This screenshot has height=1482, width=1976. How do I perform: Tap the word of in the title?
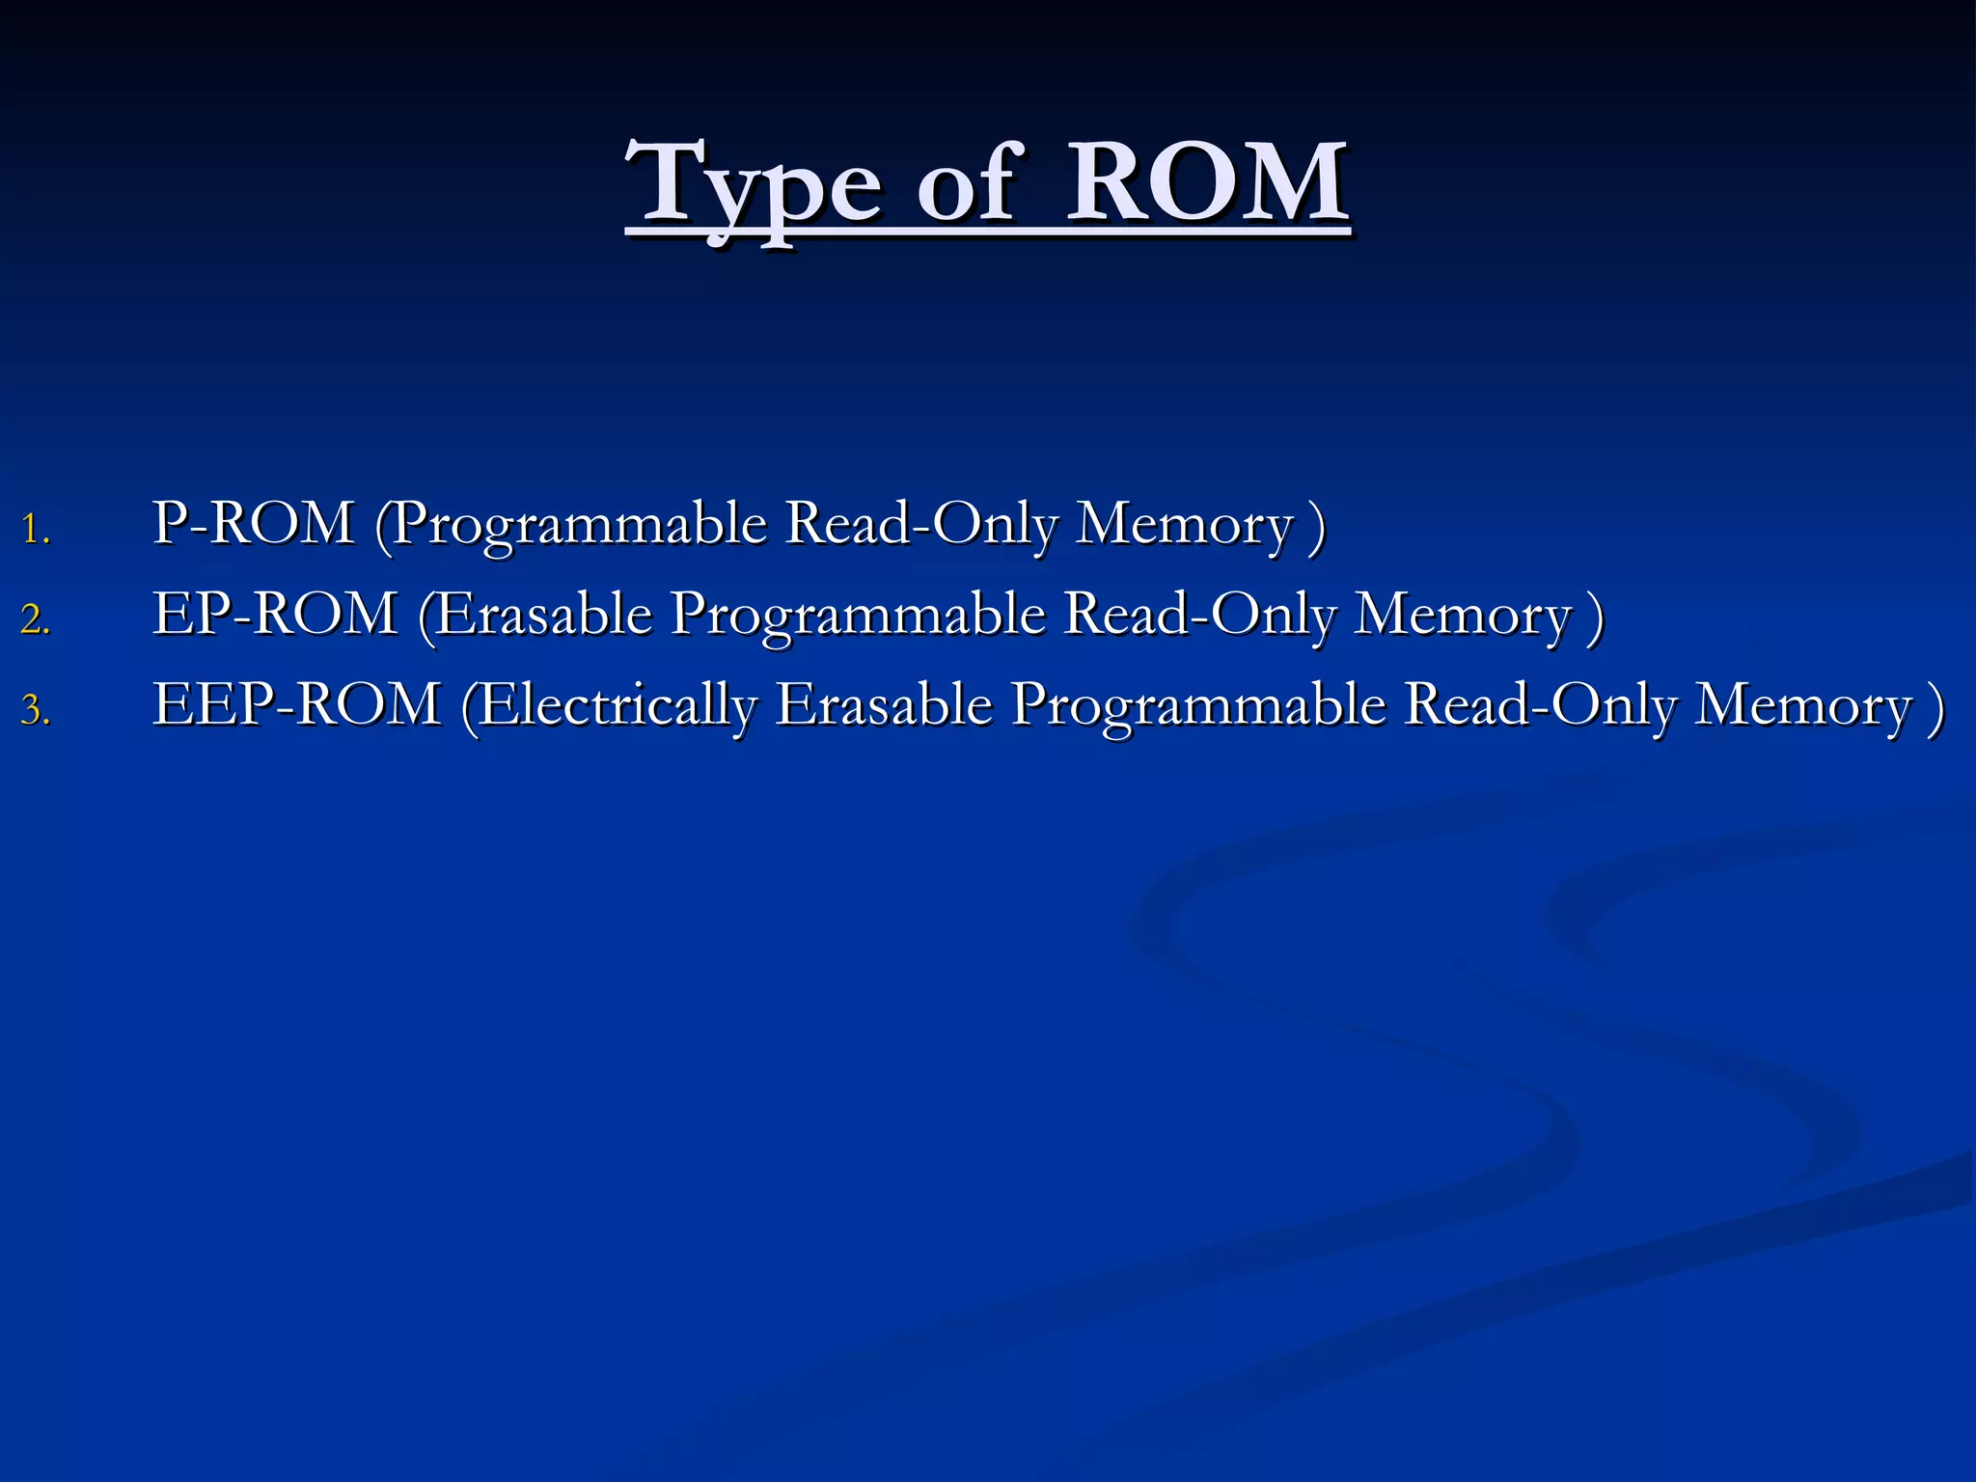(965, 183)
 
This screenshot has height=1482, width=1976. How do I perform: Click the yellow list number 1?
(35, 530)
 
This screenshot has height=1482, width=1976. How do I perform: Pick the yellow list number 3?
(35, 710)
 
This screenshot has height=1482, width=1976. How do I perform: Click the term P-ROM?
(253, 523)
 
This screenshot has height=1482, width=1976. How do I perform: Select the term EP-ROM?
(275, 614)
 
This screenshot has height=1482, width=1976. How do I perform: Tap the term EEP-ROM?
(297, 703)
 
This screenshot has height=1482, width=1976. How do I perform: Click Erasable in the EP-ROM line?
(544, 614)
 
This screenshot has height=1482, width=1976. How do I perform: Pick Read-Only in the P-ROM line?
(921, 525)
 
